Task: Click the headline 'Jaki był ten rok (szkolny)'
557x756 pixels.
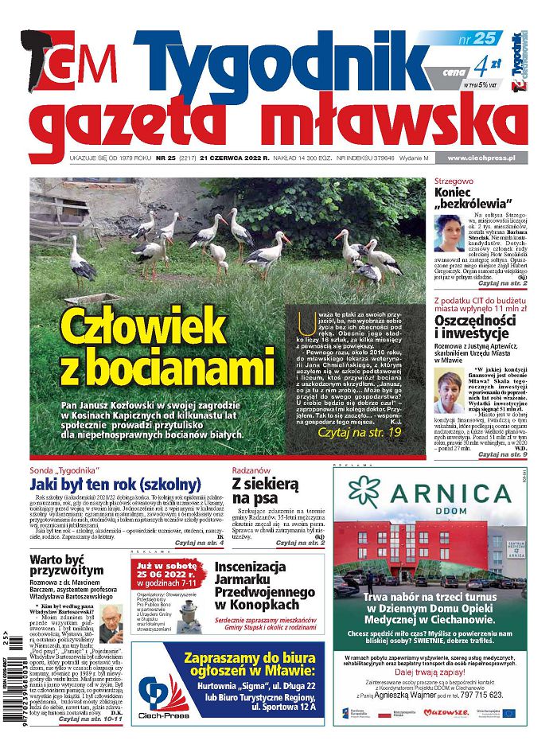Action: (115, 485)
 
